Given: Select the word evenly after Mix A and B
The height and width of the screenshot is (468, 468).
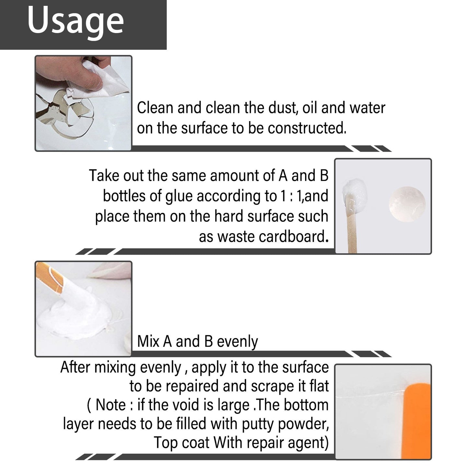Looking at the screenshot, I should (x=237, y=342).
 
